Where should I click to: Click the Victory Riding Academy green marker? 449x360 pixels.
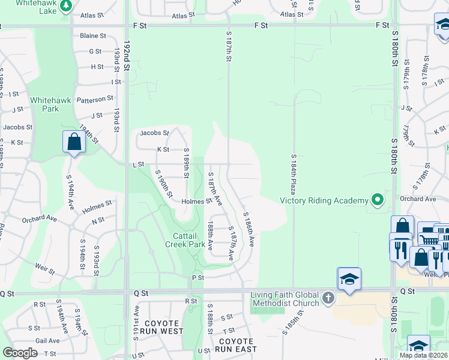point(377,199)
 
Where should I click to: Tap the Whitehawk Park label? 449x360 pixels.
point(45,104)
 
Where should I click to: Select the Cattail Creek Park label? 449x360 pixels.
point(186,240)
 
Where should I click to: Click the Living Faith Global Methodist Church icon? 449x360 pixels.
point(328,298)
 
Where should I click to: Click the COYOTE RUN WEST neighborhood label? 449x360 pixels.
point(159,327)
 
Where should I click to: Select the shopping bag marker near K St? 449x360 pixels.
point(74,142)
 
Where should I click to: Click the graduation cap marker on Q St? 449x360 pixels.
point(349,278)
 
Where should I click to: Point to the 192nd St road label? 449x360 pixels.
point(127,55)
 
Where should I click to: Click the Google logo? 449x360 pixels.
point(20,353)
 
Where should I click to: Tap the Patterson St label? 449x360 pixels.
point(95,98)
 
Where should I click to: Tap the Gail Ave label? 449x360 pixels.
point(47,340)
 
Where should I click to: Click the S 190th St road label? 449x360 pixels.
point(164,185)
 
